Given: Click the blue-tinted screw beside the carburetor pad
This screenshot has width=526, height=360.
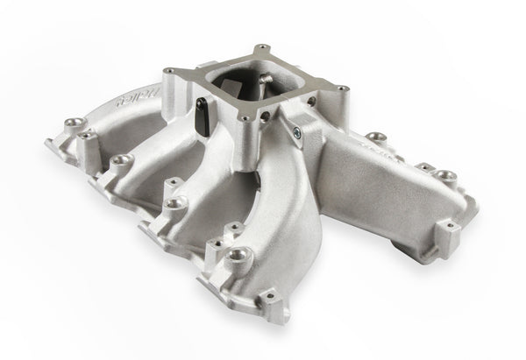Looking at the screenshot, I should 302,132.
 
